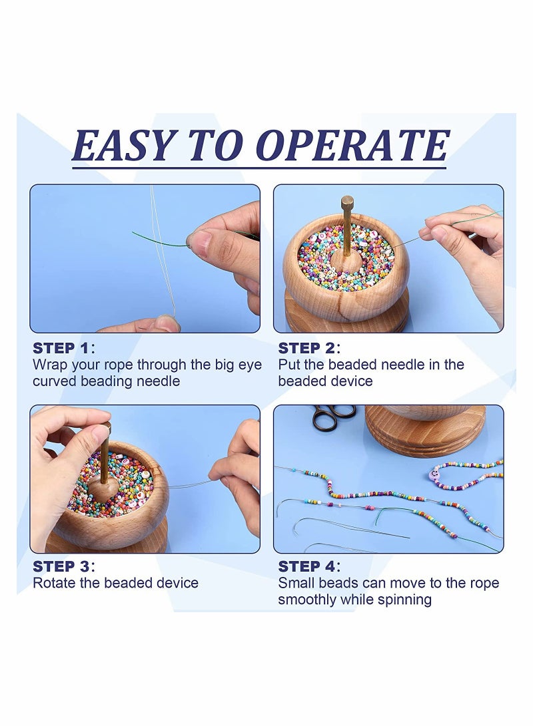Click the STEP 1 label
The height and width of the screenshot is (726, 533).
click(64, 348)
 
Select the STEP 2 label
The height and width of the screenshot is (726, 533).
click(309, 348)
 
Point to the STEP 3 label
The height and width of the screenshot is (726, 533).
click(64, 566)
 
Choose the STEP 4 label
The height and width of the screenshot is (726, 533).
click(309, 566)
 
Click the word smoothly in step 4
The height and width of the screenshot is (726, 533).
click(307, 600)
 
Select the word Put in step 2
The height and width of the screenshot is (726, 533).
click(288, 365)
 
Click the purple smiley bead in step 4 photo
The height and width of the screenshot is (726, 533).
click(436, 474)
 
